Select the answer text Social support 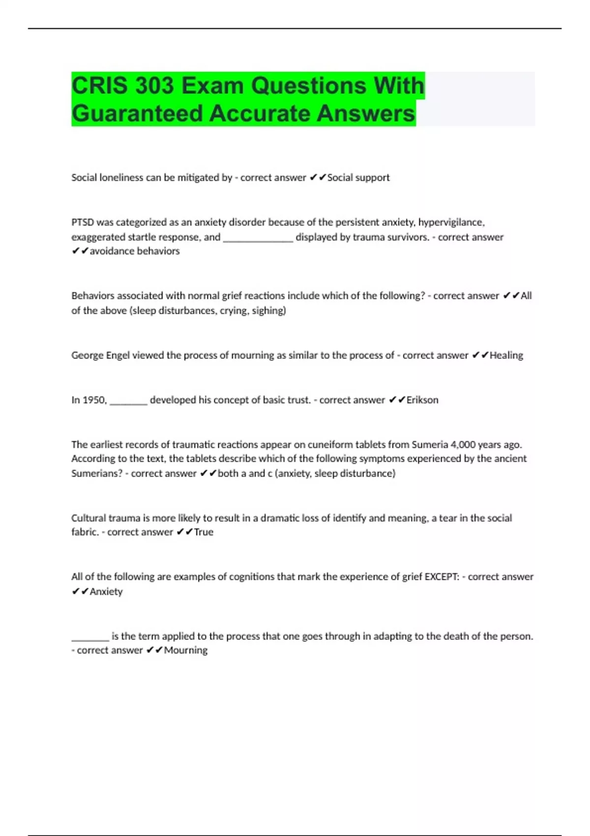[x=358, y=178]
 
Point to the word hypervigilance [x=451, y=222]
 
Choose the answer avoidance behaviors [x=135, y=251]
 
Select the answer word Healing [x=506, y=355]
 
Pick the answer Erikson [x=422, y=400]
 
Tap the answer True [x=204, y=532]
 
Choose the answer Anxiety [x=106, y=592]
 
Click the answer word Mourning [x=186, y=650]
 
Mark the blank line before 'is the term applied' [x=90, y=637]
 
